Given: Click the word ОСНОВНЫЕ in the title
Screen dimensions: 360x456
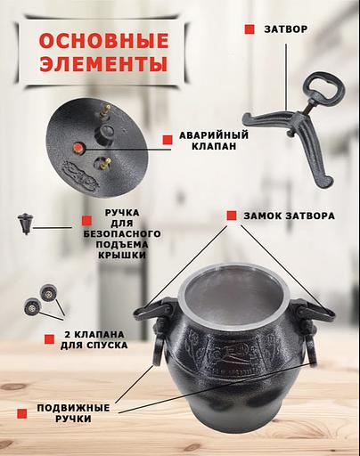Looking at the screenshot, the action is click(x=103, y=41).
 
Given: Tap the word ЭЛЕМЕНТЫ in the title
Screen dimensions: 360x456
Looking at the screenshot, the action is click(x=103, y=63).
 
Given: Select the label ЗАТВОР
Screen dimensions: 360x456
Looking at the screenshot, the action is click(x=286, y=29).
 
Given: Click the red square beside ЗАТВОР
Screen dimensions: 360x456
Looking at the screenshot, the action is click(x=250, y=29).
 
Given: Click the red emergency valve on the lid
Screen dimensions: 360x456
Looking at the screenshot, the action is click(x=78, y=147).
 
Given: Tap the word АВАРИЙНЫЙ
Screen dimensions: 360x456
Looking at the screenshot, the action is click(x=214, y=135).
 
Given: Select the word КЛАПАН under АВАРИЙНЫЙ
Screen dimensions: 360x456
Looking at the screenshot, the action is click(x=214, y=146).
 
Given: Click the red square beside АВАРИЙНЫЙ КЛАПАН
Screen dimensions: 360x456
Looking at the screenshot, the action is click(x=168, y=140).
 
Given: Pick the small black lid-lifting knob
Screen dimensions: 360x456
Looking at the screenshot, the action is click(x=26, y=224).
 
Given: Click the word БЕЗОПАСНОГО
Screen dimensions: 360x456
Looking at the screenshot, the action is click(x=122, y=233).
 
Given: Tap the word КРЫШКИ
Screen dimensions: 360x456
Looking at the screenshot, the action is click(x=122, y=256).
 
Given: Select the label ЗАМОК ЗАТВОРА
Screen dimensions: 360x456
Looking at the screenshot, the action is click(x=289, y=216).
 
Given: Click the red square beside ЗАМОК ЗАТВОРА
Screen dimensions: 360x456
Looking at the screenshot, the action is click(x=232, y=216).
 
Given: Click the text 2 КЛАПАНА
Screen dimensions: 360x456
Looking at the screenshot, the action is click(x=94, y=335).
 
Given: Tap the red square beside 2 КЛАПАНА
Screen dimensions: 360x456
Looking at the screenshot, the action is click(x=49, y=339).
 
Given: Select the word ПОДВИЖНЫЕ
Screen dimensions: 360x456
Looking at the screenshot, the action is click(x=73, y=408).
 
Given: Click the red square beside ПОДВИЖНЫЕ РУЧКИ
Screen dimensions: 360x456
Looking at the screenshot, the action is click(x=22, y=413).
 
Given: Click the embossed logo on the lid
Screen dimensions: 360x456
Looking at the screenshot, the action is click(x=81, y=175).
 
